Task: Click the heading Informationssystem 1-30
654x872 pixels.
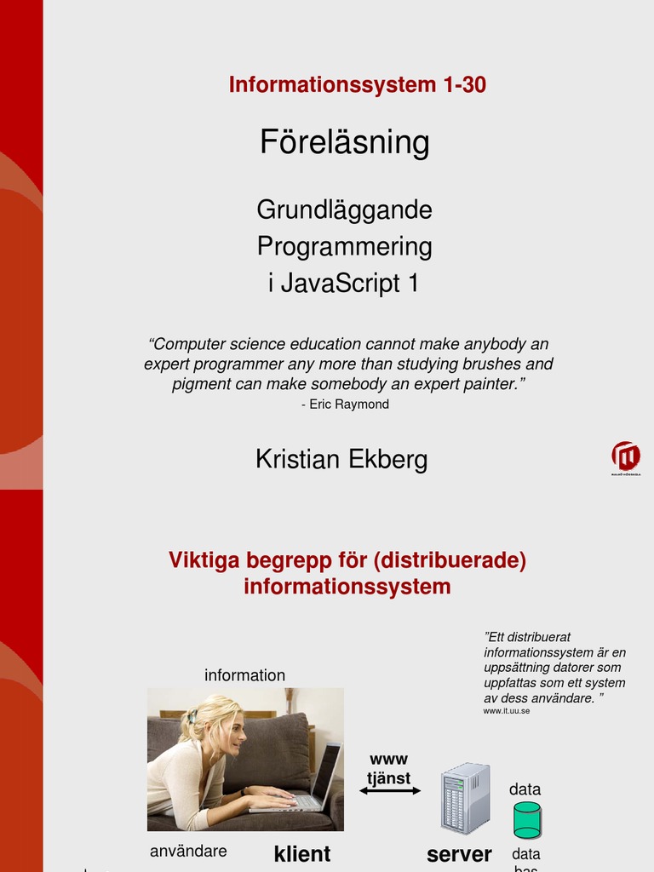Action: tap(357, 85)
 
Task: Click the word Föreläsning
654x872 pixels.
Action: tap(345, 142)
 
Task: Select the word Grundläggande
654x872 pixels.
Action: tap(345, 209)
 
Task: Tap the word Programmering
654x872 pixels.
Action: tap(345, 247)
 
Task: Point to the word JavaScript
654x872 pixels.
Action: tap(341, 284)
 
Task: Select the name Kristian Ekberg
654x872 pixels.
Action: tap(341, 460)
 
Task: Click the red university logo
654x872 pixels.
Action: tap(626, 457)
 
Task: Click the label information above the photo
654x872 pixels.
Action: tap(244, 675)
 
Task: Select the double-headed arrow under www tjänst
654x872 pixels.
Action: tap(390, 791)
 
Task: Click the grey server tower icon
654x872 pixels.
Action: tap(465, 798)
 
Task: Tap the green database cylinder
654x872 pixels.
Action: tap(527, 820)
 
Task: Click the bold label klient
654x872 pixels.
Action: tap(302, 854)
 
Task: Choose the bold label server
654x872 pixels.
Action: tap(459, 854)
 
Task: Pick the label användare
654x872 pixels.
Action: tap(188, 852)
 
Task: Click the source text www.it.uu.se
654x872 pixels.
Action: tap(507, 710)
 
